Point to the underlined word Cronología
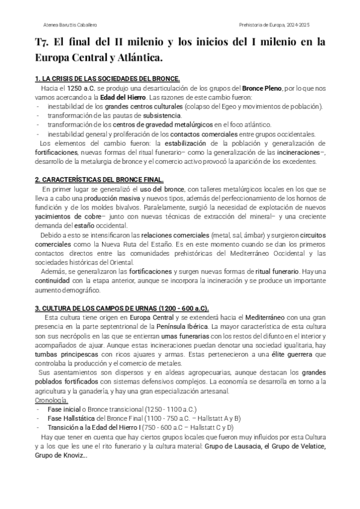pos(52,400)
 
